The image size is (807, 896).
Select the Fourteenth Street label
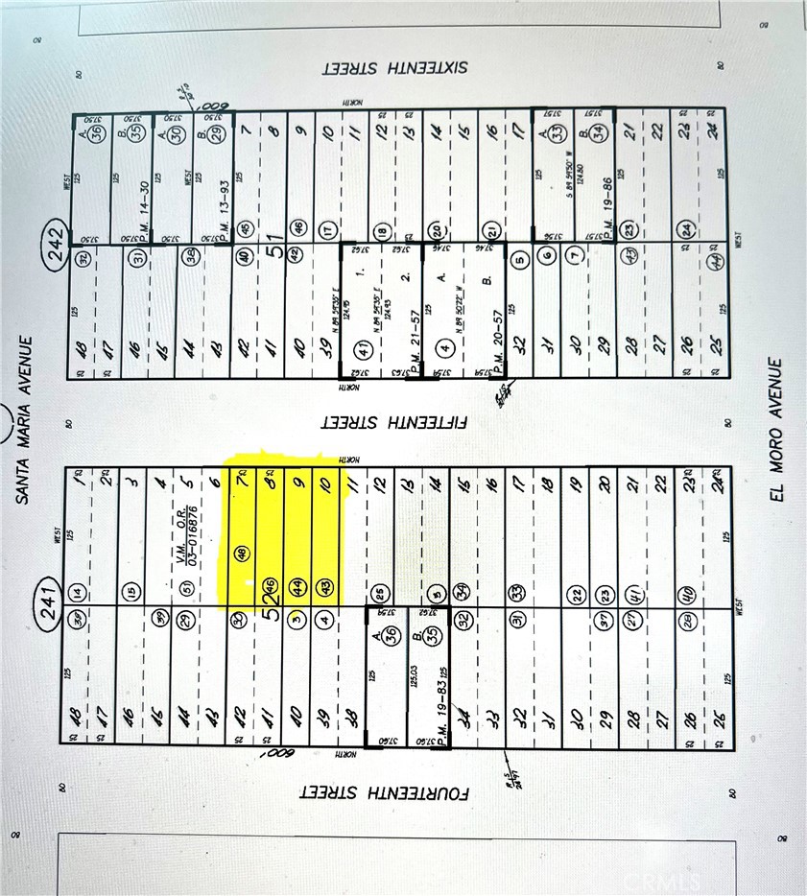384,794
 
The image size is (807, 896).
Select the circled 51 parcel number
186,591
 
